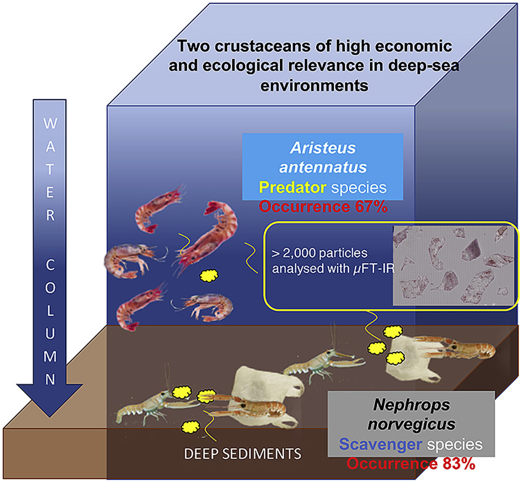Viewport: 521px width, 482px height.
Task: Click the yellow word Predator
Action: click(x=292, y=187)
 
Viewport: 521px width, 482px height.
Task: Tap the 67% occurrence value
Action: click(x=371, y=207)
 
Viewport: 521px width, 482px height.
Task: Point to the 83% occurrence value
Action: click(x=458, y=464)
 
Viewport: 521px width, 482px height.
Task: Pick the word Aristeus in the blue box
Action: click(x=323, y=148)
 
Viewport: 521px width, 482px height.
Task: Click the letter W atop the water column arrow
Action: click(x=50, y=123)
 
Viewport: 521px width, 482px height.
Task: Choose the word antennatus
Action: click(x=323, y=167)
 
